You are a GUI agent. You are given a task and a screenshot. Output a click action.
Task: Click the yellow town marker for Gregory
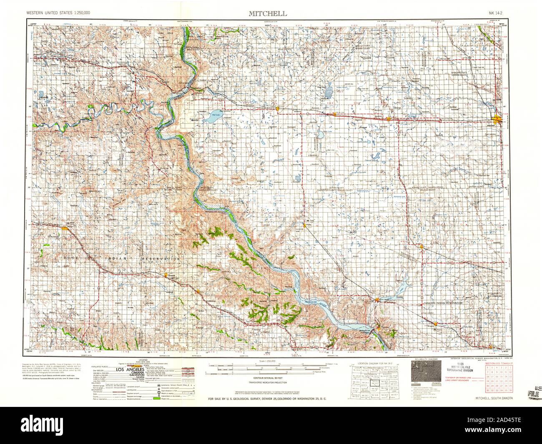pos(167,276)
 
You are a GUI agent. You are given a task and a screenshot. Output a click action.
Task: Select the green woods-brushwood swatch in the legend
pos(156,400)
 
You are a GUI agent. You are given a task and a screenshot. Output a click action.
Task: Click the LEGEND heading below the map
pos(141,359)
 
